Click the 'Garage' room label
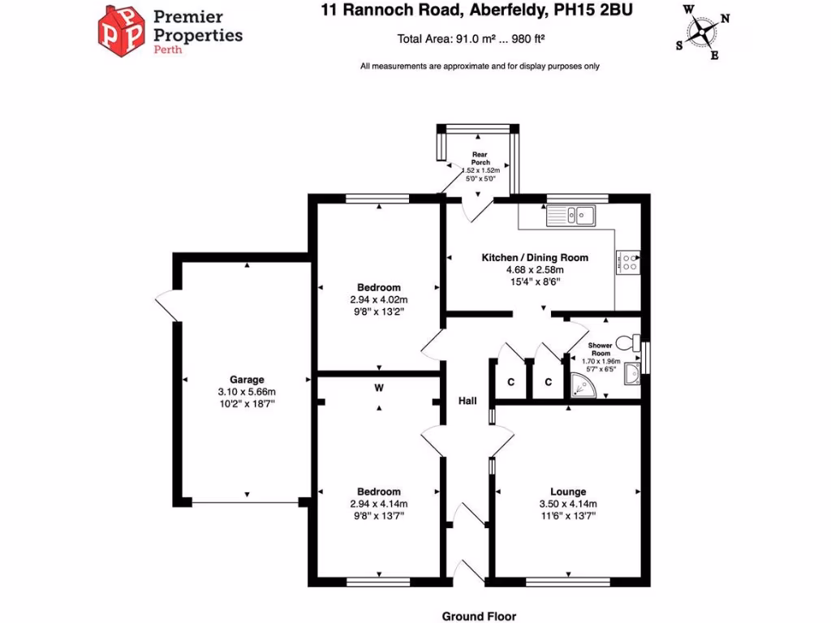(x=247, y=379)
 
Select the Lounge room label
(x=568, y=492)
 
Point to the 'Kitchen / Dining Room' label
(x=535, y=257)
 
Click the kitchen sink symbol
(x=572, y=214)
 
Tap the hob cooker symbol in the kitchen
(x=630, y=260)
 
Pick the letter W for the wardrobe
(x=378, y=388)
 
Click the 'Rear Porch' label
(x=481, y=157)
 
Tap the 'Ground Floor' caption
(x=479, y=617)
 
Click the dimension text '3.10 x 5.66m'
(x=247, y=391)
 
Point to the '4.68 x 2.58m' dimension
(x=535, y=269)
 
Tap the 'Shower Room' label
(x=601, y=350)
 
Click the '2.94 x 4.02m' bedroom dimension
(x=379, y=299)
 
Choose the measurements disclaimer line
(x=480, y=66)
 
